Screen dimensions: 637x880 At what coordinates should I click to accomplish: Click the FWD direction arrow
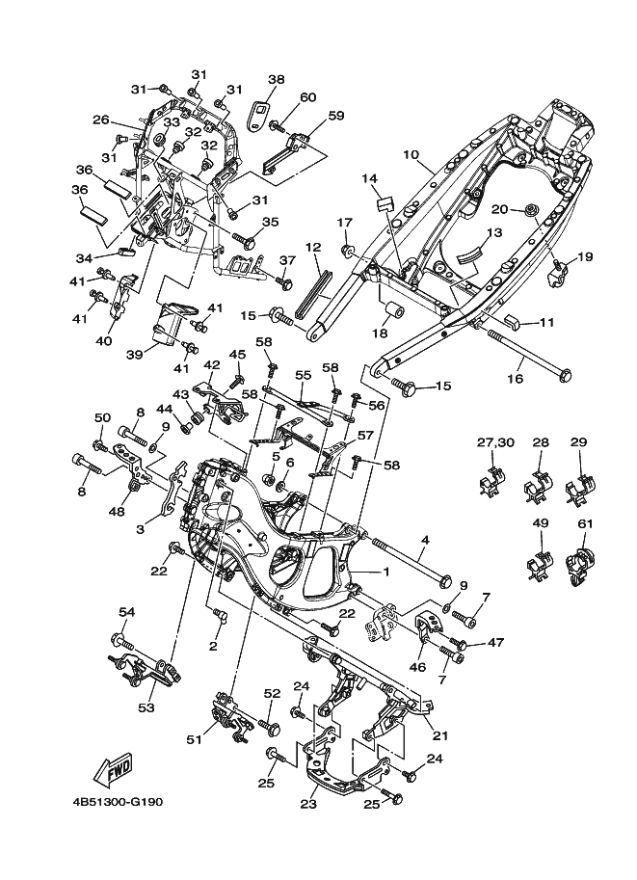(x=114, y=769)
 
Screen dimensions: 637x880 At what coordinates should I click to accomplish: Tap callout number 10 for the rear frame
(x=411, y=153)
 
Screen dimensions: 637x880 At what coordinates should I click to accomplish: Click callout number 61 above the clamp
(x=584, y=523)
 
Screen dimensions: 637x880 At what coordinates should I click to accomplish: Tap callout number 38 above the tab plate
(x=276, y=79)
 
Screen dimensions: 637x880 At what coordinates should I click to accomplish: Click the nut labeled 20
(x=529, y=211)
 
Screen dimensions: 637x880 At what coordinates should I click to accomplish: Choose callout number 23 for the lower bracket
(x=308, y=804)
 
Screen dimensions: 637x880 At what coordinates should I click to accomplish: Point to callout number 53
(x=146, y=707)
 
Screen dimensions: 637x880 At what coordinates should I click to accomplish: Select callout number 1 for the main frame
(x=386, y=572)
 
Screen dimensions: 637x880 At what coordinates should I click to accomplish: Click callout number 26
(x=100, y=120)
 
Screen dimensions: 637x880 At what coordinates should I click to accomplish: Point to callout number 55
(x=304, y=374)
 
